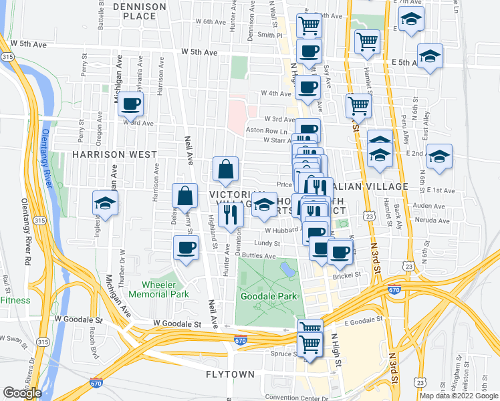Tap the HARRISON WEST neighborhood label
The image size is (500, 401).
pyautogui.click(x=114, y=154)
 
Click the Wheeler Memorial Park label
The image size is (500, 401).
pyautogui.click(x=164, y=289)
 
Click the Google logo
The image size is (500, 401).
pyautogui.click(x=22, y=393)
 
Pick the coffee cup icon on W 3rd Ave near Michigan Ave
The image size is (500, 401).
pyautogui.click(x=131, y=104)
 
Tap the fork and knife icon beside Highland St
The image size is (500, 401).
pyautogui.click(x=231, y=214)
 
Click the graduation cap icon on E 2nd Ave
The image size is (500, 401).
pyautogui.click(x=439, y=158)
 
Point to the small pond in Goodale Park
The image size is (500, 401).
pyautogui.click(x=287, y=269)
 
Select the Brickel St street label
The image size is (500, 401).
pyautogui.click(x=347, y=275)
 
